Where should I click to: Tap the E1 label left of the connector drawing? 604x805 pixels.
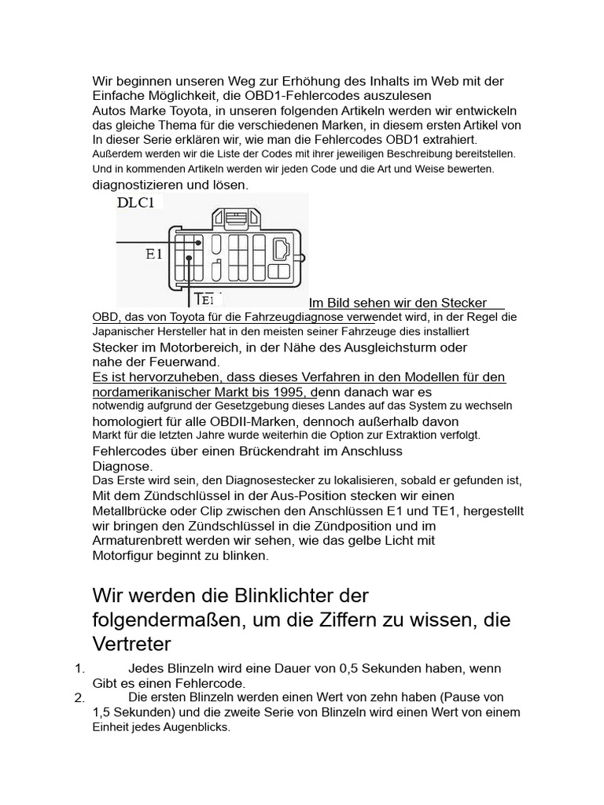[153, 254]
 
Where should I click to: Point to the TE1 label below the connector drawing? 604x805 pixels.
[204, 299]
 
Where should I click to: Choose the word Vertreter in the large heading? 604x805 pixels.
[131, 645]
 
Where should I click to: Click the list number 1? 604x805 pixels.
[79, 669]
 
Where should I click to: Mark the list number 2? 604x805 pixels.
[79, 698]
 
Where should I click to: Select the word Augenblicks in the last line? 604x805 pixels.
[195, 727]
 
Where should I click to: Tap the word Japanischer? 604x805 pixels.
[125, 332]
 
